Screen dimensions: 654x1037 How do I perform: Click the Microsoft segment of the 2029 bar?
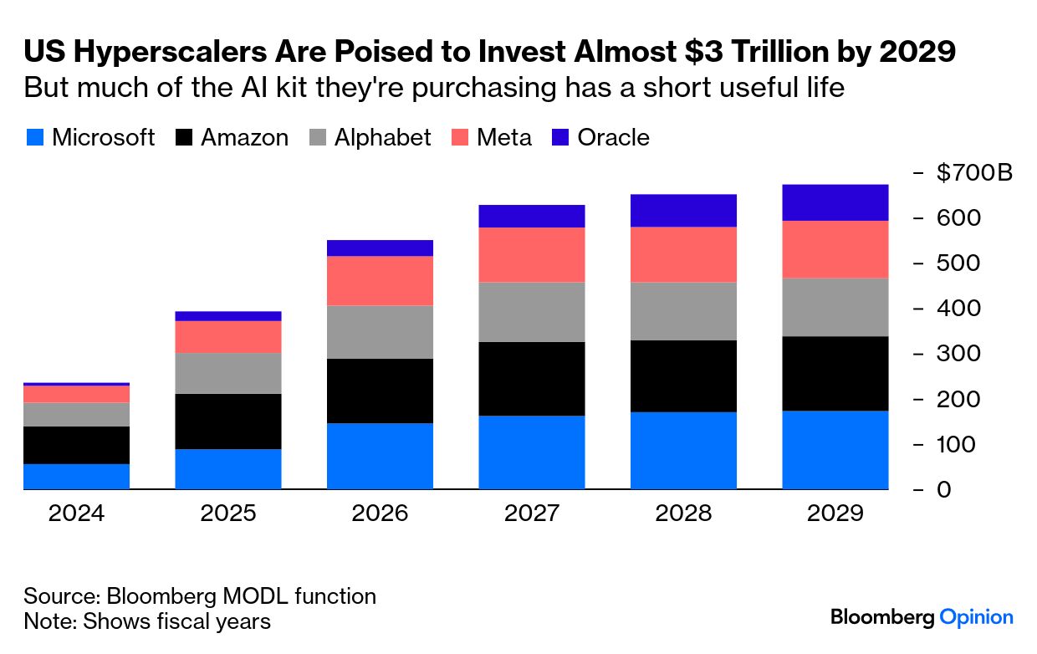tap(835, 449)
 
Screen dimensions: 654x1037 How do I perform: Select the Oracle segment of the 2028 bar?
tap(683, 210)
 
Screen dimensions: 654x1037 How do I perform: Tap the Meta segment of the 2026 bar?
tap(380, 280)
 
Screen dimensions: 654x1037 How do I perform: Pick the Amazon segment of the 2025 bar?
tap(227, 421)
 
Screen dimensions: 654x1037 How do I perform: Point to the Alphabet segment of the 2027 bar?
tap(531, 311)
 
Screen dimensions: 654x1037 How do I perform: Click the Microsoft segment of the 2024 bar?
tap(76, 476)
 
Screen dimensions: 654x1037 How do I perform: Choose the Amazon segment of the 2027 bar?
tap(531, 378)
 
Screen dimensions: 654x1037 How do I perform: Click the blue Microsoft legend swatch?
tap(34, 138)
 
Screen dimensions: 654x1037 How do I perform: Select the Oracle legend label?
tap(613, 138)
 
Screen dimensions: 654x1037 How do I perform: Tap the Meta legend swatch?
tap(459, 138)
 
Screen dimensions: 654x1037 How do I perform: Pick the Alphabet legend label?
tap(382, 138)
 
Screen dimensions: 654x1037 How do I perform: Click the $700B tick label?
tap(974, 173)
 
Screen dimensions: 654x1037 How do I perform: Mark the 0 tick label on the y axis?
tap(944, 489)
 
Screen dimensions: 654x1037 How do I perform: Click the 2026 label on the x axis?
tap(380, 513)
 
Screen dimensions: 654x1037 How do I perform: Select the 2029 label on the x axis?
tap(835, 513)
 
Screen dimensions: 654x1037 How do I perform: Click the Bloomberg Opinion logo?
tap(922, 617)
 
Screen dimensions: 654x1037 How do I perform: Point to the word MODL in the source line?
tap(252, 596)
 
